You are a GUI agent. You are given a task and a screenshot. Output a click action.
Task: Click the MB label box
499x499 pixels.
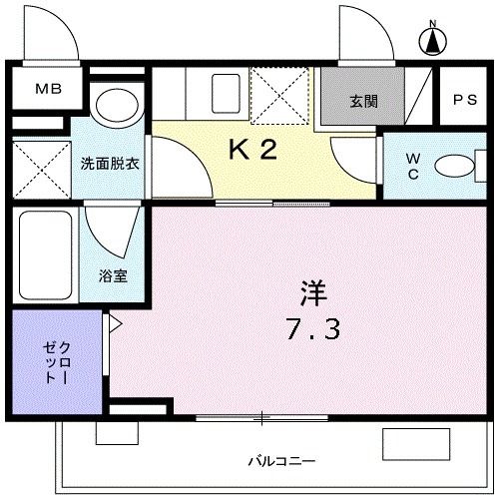click(48, 89)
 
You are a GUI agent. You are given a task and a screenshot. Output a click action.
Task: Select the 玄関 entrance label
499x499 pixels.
click(364, 101)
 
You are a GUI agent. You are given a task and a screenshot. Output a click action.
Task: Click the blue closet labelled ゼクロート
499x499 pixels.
click(56, 361)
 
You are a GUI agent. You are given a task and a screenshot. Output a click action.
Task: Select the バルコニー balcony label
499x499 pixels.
click(281, 460)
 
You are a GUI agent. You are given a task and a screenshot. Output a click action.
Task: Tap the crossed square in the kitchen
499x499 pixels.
click(279, 93)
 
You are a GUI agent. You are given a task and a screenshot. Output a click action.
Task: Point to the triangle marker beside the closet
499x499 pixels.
click(114, 324)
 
